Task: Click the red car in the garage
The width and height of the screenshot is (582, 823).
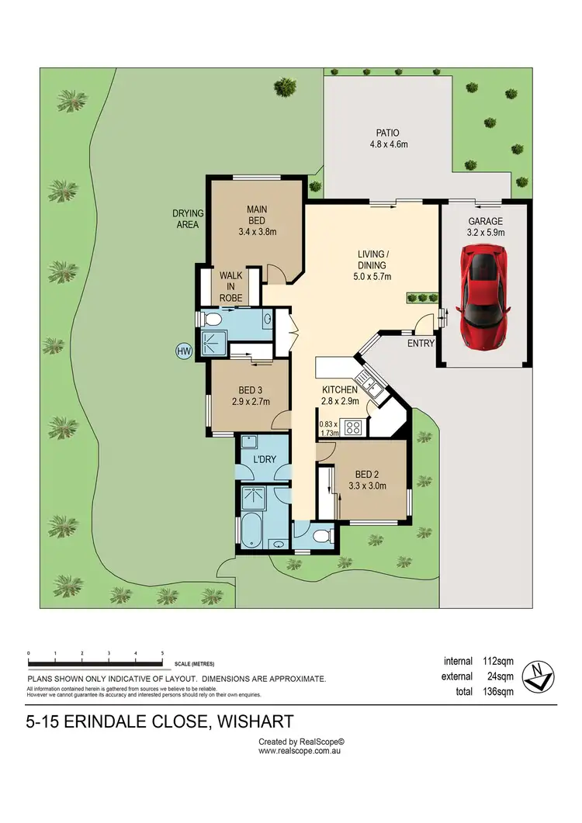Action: (x=484, y=297)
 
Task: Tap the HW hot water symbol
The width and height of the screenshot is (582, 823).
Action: (x=184, y=351)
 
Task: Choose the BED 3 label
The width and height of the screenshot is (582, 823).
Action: (x=248, y=390)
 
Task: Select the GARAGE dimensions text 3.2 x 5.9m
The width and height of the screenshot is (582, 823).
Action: (x=484, y=232)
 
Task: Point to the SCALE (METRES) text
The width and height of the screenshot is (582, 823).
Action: (x=194, y=665)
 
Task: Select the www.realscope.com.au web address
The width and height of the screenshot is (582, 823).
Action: (x=300, y=751)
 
